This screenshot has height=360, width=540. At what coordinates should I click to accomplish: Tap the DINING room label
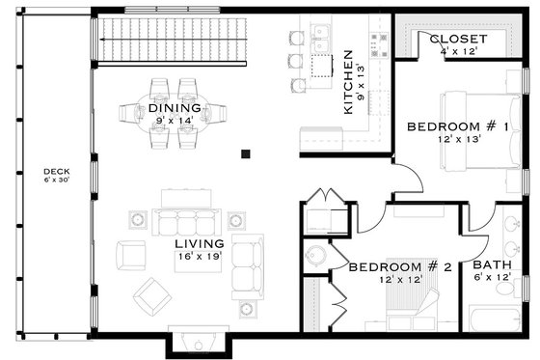pos(175,108)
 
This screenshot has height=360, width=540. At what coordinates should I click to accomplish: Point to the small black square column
pos(246,152)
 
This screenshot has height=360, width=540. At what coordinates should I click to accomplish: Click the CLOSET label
pos(458,40)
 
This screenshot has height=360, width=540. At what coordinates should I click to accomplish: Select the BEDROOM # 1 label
pos(450,126)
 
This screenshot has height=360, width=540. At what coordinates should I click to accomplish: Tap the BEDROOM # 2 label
pos(399,266)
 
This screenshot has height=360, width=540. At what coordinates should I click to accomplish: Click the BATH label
pos(492,265)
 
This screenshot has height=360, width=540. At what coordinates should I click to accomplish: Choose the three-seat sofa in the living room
pos(186,220)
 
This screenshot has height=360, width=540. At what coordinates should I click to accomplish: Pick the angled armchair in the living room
pos(152,295)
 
